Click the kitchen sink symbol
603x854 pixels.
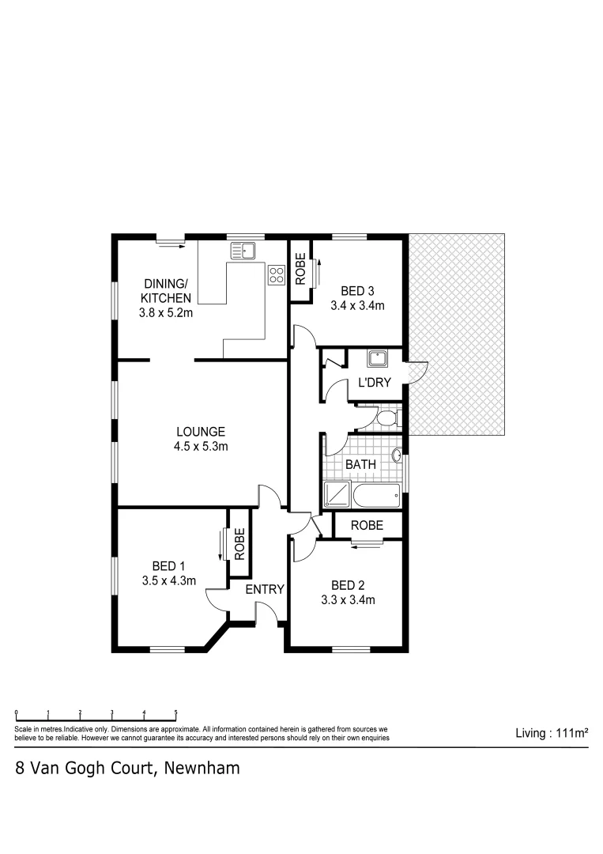click(x=243, y=252)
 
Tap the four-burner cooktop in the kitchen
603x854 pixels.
click(x=277, y=274)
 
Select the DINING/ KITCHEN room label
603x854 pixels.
click(x=166, y=291)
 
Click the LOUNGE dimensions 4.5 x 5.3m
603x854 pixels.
click(x=202, y=447)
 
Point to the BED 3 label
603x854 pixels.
click(x=357, y=291)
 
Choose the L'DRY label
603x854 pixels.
click(x=375, y=383)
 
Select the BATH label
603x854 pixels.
click(x=360, y=465)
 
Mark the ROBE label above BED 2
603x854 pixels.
click(x=367, y=525)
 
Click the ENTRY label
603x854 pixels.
click(x=265, y=589)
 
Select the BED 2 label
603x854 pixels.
click(x=348, y=585)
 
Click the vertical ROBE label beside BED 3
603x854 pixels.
click(x=300, y=269)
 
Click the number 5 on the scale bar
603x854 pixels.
click(x=175, y=712)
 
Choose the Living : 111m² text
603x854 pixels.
click(x=551, y=733)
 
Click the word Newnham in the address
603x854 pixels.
click(x=202, y=768)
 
